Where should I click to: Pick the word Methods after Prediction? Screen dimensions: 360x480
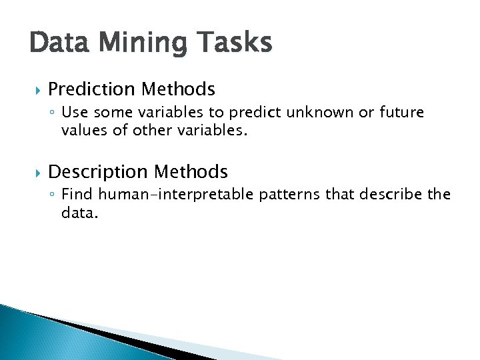[x=181, y=89]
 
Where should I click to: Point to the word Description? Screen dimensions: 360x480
[x=99, y=172]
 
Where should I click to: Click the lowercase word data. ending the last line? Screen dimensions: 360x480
[x=79, y=213]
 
